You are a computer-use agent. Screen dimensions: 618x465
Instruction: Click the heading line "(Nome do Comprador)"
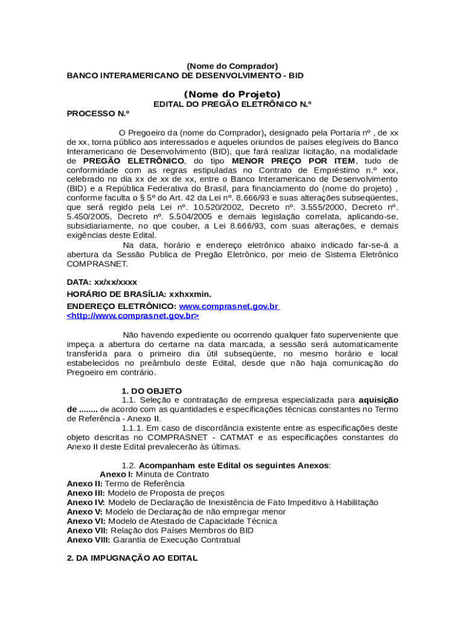coord(232,66)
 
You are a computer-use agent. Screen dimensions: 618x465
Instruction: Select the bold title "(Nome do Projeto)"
coord(232,94)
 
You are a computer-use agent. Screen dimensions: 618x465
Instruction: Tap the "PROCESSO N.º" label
coord(98,113)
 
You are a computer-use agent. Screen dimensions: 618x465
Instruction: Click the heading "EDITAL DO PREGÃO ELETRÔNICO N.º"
coord(232,104)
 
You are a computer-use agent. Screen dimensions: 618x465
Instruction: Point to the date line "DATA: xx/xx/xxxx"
coord(101,282)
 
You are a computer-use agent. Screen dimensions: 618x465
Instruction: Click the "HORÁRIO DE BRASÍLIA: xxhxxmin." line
coord(139,294)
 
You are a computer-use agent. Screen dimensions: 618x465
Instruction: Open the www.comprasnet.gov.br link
coord(229,306)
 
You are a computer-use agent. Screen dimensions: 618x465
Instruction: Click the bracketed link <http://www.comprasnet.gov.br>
coord(133,316)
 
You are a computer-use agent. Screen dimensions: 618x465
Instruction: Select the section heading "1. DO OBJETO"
coord(152,391)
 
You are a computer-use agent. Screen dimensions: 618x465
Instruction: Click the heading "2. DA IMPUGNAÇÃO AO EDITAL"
coord(132,558)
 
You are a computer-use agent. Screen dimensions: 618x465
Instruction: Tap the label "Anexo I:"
coord(117,474)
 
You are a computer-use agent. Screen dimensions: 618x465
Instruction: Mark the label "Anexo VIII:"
coord(88,540)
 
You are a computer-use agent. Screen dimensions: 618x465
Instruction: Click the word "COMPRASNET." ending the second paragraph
coord(97,264)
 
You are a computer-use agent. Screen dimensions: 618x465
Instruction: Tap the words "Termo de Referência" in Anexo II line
coord(145,483)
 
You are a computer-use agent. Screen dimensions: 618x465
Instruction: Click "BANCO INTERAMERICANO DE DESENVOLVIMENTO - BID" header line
coord(185,75)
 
